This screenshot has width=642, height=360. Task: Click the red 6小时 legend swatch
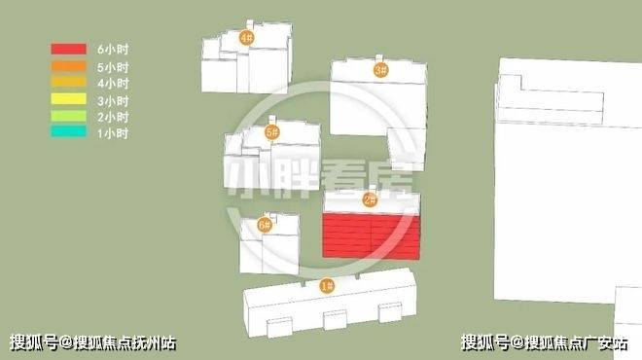68,49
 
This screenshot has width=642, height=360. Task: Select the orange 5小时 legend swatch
68,66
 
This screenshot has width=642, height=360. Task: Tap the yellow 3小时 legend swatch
68,98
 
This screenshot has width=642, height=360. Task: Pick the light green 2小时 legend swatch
68,116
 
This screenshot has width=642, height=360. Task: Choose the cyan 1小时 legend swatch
68,132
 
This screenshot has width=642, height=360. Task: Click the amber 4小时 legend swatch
68,82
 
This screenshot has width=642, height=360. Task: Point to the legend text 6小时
113,50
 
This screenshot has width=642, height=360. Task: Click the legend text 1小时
113,133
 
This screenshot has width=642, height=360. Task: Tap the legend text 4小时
113,83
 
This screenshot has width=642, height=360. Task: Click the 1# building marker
327,285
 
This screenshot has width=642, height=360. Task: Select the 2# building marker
371,199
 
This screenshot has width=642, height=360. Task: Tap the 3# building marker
380,70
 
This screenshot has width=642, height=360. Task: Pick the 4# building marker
246,38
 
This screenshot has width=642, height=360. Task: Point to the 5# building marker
271,132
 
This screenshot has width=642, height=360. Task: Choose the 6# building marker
265,225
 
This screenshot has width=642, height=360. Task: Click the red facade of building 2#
372,236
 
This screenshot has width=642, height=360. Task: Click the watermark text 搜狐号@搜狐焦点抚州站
93,342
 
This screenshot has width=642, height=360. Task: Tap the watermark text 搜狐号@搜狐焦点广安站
545,342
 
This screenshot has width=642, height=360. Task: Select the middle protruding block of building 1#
335,320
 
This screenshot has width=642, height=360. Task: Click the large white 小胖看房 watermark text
320,179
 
